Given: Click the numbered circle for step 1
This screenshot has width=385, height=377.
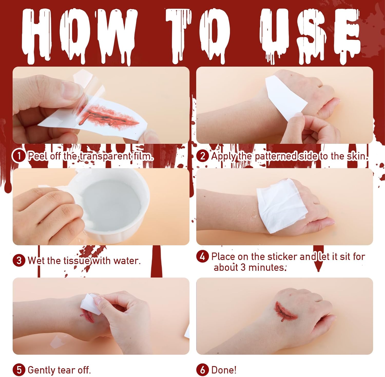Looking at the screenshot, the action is click(x=19, y=156).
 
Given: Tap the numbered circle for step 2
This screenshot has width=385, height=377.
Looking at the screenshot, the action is click(x=203, y=156).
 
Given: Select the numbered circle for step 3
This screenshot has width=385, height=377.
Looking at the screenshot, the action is click(x=19, y=260).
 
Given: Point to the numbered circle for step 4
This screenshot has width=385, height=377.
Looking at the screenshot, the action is click(x=203, y=256).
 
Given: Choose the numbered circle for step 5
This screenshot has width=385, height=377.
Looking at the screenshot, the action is click(x=19, y=370).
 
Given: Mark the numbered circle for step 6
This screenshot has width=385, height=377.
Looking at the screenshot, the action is click(x=203, y=370).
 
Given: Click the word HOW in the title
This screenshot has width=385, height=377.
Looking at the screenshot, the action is click(x=78, y=36).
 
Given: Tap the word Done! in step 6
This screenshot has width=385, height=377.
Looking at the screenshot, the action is click(x=224, y=370).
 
